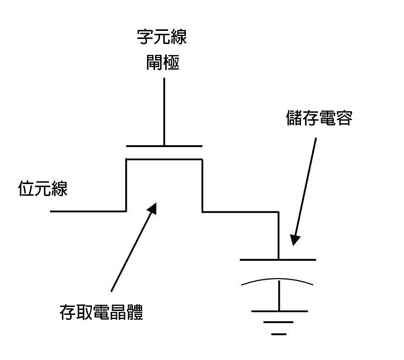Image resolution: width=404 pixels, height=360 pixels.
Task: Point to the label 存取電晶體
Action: tap(102, 313)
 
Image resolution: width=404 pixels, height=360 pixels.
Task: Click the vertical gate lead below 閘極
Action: tap(164, 111)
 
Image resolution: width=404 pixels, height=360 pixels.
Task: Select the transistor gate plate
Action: tap(164, 146)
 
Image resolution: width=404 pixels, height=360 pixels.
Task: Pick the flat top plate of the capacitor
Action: tap(278, 260)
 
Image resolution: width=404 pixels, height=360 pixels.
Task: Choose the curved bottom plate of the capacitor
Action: tap(278, 280)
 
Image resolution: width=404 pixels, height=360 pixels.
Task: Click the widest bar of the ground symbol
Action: tap(279, 311)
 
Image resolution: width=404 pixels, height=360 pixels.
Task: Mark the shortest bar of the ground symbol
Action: tap(278, 334)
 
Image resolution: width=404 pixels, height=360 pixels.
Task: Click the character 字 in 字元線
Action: tap(145, 37)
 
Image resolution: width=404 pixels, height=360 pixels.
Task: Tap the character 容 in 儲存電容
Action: tap(343, 120)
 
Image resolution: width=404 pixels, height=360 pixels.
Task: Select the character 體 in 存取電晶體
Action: tap(135, 313)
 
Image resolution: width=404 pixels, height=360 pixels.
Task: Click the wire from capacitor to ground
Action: tap(279, 296)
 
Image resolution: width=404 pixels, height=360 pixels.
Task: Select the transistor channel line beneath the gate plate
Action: tap(164, 159)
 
